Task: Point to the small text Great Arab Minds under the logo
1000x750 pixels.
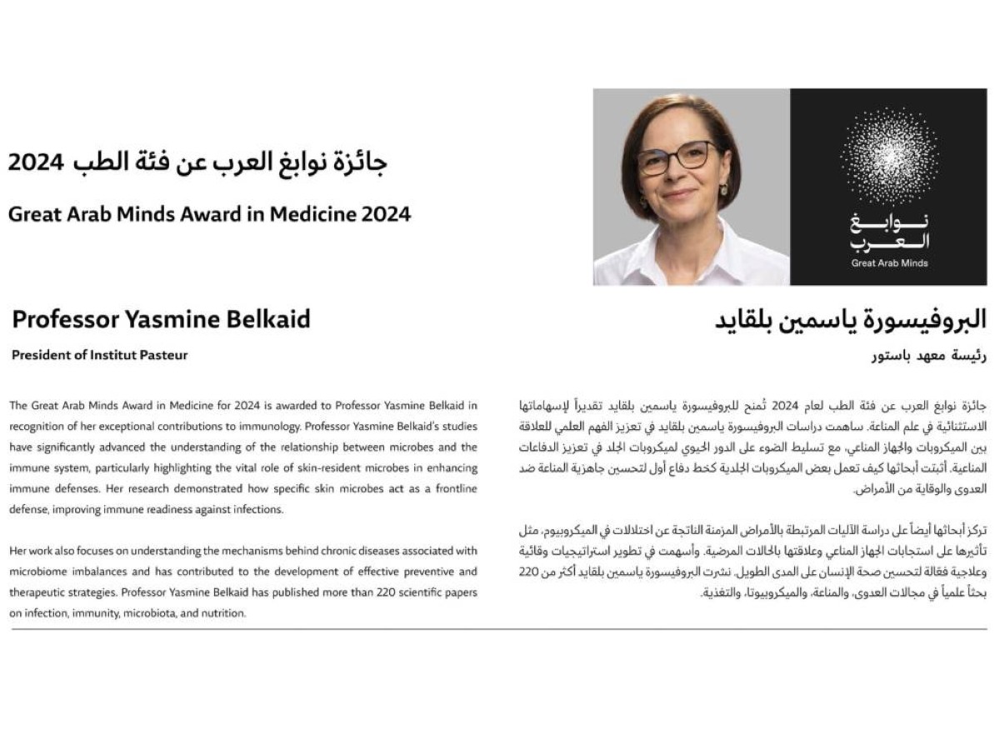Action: pyautogui.click(x=889, y=263)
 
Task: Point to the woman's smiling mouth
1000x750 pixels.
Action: pyautogui.click(x=678, y=193)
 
